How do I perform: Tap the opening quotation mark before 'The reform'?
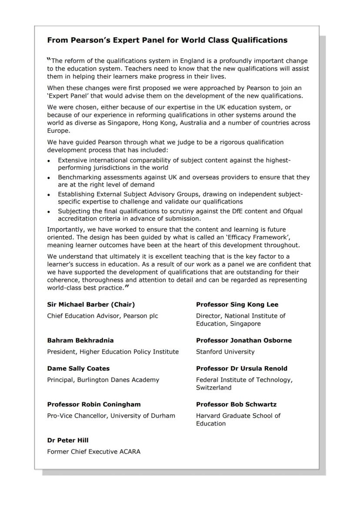tap(49, 60)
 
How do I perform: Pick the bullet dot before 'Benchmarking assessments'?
tap(49, 178)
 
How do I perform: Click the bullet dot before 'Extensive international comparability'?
tap(49, 161)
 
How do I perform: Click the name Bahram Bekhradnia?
tap(80, 340)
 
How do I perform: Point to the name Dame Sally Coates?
tap(78, 369)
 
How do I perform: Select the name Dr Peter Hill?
tap(68, 440)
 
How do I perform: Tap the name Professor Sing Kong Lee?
tap(237, 305)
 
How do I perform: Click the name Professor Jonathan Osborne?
tap(243, 340)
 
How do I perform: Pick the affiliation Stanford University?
tap(225, 352)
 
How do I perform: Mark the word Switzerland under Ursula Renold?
tap(213, 388)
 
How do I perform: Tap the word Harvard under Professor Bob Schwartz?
tap(209, 416)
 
